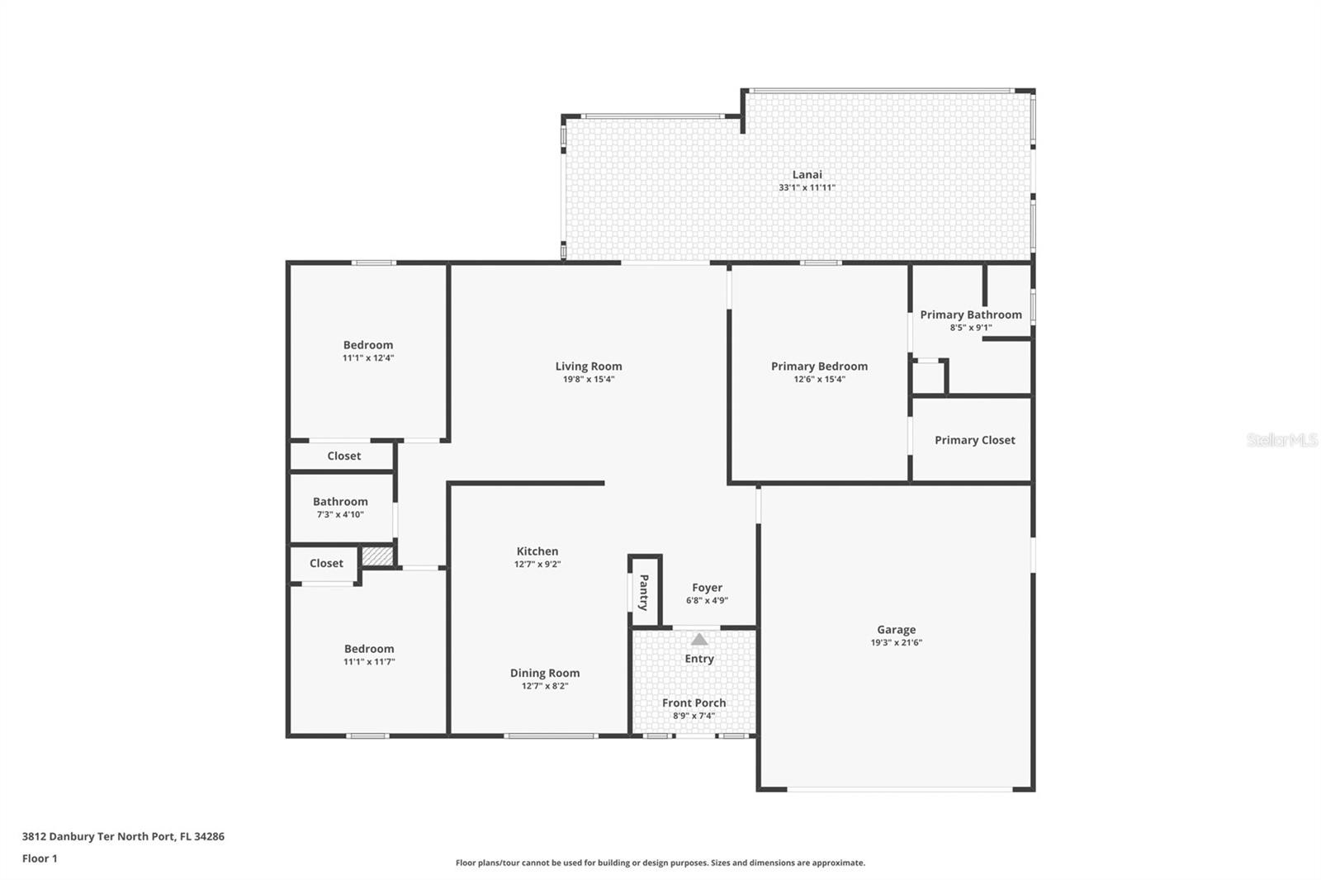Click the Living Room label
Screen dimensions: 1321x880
589,367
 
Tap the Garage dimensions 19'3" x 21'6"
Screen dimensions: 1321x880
897,642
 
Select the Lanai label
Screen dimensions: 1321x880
807,174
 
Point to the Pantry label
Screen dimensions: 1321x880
644,592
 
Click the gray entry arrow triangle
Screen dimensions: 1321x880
698,639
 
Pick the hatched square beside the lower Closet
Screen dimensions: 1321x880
377,556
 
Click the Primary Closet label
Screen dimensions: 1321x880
975,440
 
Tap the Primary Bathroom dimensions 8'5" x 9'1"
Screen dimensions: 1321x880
971,328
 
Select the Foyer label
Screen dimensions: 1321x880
707,588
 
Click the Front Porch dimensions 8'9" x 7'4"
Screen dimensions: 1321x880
694,716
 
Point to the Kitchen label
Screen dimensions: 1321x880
537,551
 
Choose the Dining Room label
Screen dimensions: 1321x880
545,673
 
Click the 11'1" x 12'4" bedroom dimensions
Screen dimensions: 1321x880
368,358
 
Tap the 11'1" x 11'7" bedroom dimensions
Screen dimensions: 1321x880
369,662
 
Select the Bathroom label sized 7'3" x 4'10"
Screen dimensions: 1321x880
340,501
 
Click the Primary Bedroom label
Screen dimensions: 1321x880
819,367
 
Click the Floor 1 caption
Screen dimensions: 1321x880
40,859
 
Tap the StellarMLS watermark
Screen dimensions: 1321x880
1283,439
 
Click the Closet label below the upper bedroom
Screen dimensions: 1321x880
343,456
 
